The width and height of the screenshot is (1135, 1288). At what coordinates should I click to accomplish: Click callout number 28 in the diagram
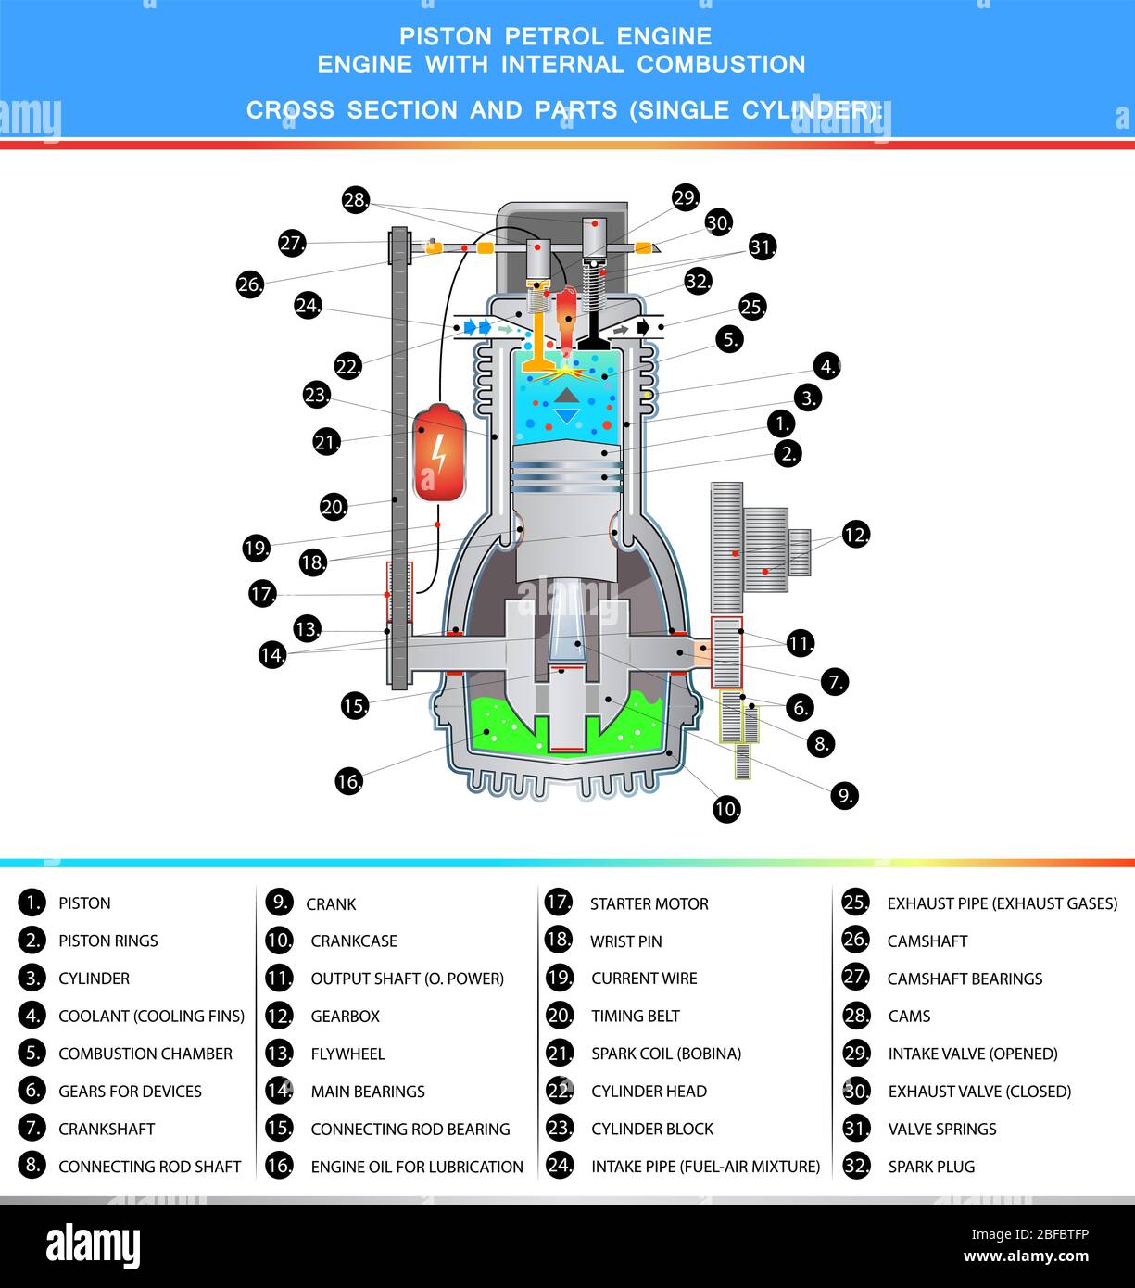[356, 200]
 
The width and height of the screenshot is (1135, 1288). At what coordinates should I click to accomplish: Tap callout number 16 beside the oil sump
[349, 781]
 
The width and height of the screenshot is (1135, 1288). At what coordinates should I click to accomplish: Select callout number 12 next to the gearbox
[856, 534]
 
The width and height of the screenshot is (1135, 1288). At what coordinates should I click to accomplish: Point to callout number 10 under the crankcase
[726, 809]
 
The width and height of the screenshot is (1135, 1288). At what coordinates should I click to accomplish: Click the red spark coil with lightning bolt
[439, 452]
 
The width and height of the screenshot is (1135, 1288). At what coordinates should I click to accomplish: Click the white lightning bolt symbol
[439, 452]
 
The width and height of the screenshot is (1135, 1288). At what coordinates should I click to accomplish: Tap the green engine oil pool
[566, 731]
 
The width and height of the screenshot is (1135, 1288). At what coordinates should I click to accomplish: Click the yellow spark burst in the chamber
[565, 373]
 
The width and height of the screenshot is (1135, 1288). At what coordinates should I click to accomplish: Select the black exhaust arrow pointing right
[644, 327]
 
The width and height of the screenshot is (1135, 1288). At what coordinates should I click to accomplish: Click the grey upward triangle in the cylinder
[566, 396]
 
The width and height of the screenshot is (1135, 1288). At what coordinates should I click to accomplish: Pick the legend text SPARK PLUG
[931, 1167]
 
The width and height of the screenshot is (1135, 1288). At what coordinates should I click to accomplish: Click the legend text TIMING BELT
[636, 1016]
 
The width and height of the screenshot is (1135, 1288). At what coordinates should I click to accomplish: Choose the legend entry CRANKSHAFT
[107, 1129]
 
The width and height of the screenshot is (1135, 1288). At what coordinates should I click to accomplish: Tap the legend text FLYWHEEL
[347, 1054]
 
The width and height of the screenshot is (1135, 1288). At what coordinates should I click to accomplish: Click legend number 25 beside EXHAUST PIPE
[856, 903]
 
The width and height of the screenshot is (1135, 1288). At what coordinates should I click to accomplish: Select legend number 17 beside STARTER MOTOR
[559, 903]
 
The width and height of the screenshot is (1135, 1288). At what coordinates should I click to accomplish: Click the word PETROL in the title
[554, 37]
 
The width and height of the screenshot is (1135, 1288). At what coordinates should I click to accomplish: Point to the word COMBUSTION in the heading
[722, 65]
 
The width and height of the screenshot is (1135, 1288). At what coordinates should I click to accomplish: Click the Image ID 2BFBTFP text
[1030, 1234]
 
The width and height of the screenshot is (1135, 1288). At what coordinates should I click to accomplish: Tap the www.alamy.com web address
[1027, 1256]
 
